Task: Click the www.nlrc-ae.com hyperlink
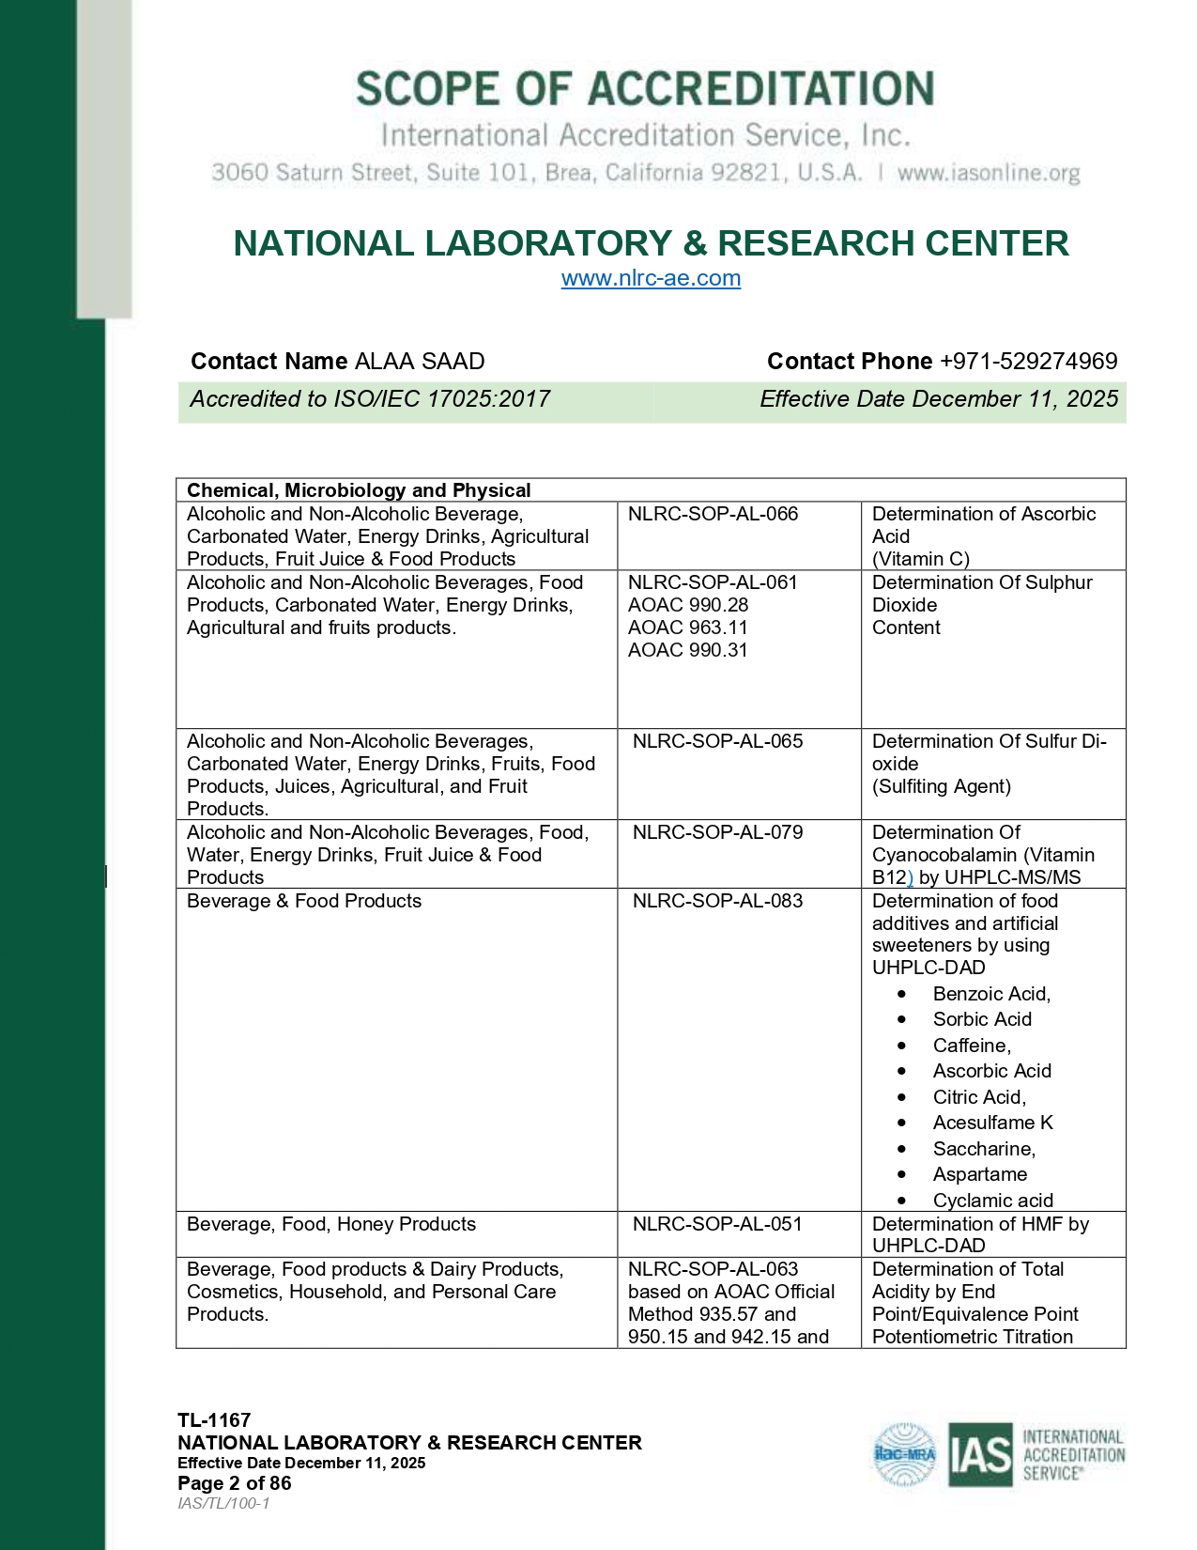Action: coord(651,278)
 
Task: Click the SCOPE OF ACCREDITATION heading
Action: coord(645,89)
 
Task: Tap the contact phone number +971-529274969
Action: coord(1028,362)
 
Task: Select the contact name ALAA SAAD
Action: coord(420,362)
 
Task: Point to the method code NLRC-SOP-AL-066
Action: coord(713,514)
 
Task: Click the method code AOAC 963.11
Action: coord(687,628)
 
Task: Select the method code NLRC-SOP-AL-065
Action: coord(717,741)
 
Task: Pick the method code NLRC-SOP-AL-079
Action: coord(717,832)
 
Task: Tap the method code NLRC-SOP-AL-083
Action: coord(717,901)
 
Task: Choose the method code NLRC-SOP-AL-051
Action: coord(717,1224)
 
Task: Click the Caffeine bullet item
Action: coord(972,1046)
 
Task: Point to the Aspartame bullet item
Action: coord(979,1174)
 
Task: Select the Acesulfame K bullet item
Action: coord(992,1123)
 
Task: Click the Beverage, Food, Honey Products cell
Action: coord(331,1224)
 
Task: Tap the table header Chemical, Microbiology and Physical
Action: coord(359,490)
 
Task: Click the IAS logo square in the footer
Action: coord(979,1454)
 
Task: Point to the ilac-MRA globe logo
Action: coord(905,1454)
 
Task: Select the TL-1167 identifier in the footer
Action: coord(214,1420)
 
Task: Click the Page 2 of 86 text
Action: coord(235,1483)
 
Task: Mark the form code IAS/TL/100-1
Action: coord(223,1503)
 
